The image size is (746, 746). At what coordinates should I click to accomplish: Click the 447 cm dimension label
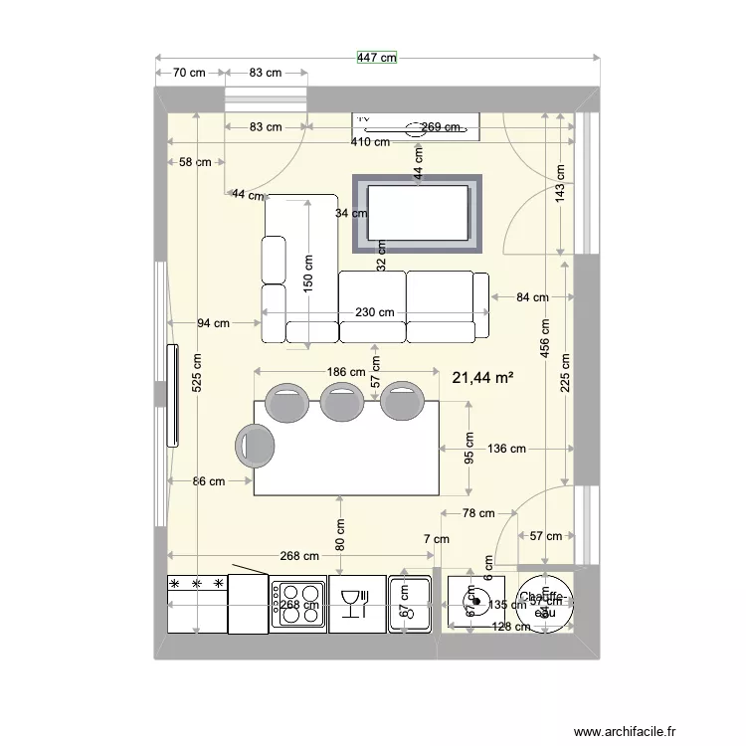tap(377, 58)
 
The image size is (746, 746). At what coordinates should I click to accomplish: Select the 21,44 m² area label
tap(482, 378)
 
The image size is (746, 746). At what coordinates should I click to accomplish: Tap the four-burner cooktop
tap(298, 604)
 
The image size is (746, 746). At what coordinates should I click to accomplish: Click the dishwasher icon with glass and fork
tap(356, 604)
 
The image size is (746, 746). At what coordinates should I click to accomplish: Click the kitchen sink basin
tap(410, 604)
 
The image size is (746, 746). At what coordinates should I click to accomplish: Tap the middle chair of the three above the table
tap(341, 401)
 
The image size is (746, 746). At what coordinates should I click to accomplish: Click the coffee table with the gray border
tap(418, 213)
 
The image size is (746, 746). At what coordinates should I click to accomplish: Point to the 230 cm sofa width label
tap(374, 312)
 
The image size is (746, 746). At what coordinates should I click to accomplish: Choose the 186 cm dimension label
tap(345, 371)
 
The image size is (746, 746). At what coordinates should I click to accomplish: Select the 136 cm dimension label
tap(506, 449)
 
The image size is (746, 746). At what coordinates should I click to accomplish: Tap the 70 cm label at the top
tap(189, 73)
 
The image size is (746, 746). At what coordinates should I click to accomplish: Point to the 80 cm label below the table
tap(341, 536)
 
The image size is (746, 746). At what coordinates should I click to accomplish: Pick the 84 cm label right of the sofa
tap(532, 296)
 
